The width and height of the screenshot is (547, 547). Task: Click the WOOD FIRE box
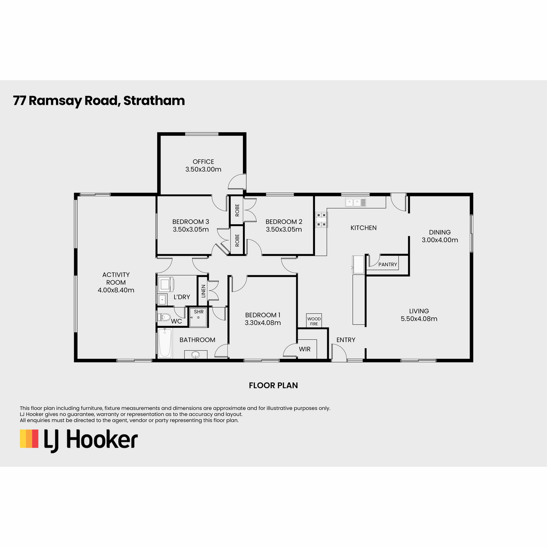point(314,321)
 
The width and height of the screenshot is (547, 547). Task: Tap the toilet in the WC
point(164,317)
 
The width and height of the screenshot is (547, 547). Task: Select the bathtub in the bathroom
point(165,343)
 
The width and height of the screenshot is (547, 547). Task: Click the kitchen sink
point(356,202)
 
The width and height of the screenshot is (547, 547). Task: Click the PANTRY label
point(387,264)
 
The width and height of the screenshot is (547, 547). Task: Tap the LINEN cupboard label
point(203,291)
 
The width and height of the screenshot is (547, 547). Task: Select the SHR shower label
point(199,312)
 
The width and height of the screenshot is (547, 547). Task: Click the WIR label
point(304,349)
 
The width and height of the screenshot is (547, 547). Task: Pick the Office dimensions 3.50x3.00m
point(203,170)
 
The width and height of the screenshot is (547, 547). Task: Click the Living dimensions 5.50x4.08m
point(419,319)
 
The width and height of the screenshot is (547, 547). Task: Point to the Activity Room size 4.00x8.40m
point(116,290)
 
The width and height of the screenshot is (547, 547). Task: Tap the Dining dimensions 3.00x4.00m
point(440,240)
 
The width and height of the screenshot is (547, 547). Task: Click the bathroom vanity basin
point(196,355)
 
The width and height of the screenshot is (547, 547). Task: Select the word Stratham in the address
point(154,101)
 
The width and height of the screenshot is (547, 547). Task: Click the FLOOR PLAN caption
point(273,385)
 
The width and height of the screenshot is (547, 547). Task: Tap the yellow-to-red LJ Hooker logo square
point(29,439)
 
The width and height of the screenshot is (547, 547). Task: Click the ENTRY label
point(346,340)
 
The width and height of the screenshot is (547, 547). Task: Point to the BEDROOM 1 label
point(263,315)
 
